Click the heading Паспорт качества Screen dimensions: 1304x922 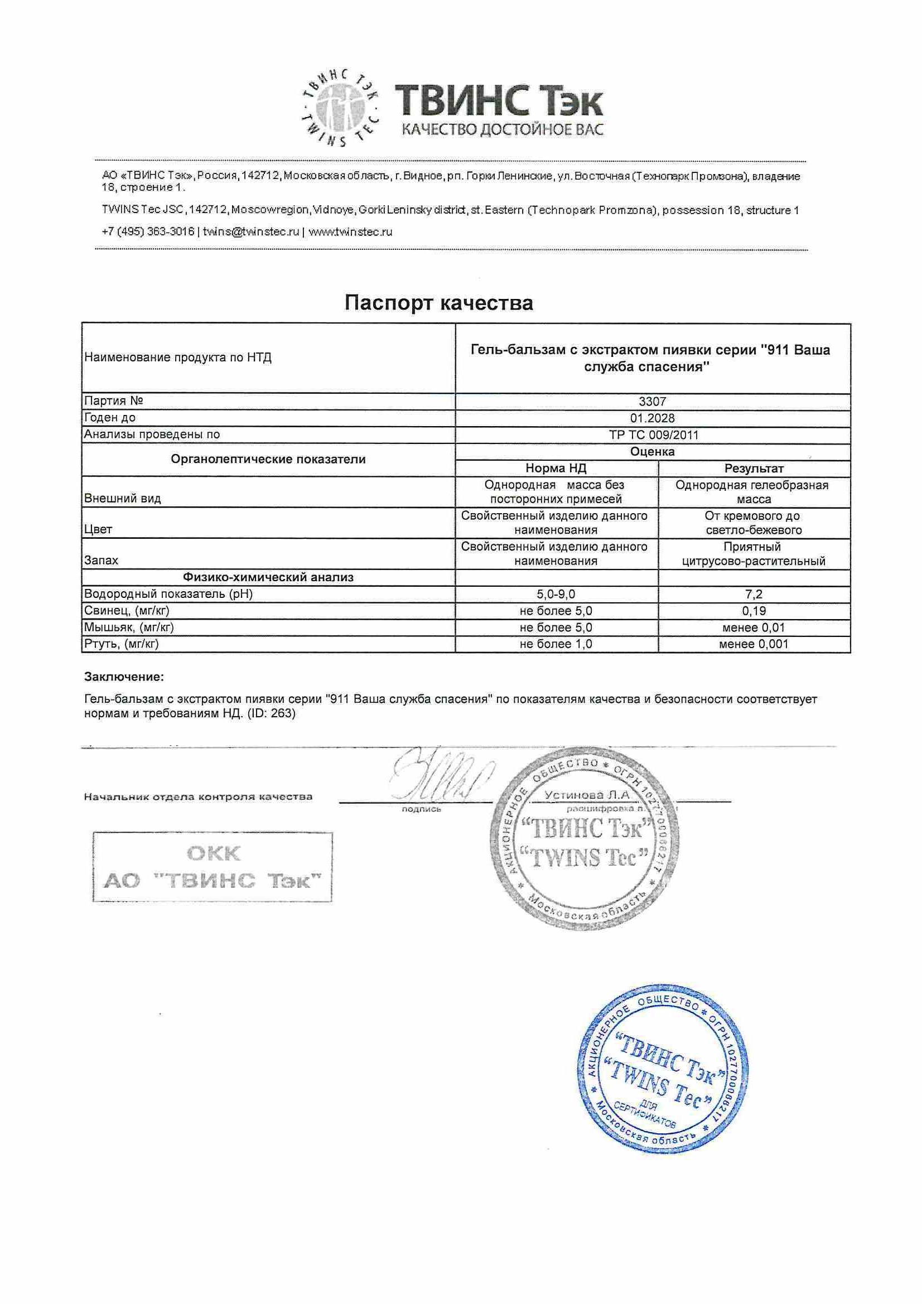pyautogui.click(x=438, y=303)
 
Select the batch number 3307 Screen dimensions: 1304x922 pyautogui.click(x=652, y=402)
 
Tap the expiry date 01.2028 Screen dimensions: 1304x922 pyautogui.click(x=652, y=418)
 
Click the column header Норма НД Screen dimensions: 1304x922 pyautogui.click(x=556, y=469)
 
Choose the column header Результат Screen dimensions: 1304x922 pyautogui.click(x=754, y=469)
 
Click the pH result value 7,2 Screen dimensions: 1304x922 pyautogui.click(x=754, y=594)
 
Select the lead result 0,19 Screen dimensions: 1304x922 pyautogui.click(x=754, y=611)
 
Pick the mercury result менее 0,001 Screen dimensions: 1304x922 pyautogui.click(x=754, y=644)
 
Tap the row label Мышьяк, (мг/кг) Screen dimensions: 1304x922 pyautogui.click(x=129, y=627)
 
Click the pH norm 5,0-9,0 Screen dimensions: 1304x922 pyautogui.click(x=556, y=594)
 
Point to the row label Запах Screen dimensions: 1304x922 pyautogui.click(x=101, y=560)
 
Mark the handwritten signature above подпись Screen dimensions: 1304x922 pyautogui.click(x=440, y=773)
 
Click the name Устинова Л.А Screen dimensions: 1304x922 pyautogui.click(x=587, y=795)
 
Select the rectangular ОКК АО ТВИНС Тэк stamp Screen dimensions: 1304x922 pyautogui.click(x=213, y=866)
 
